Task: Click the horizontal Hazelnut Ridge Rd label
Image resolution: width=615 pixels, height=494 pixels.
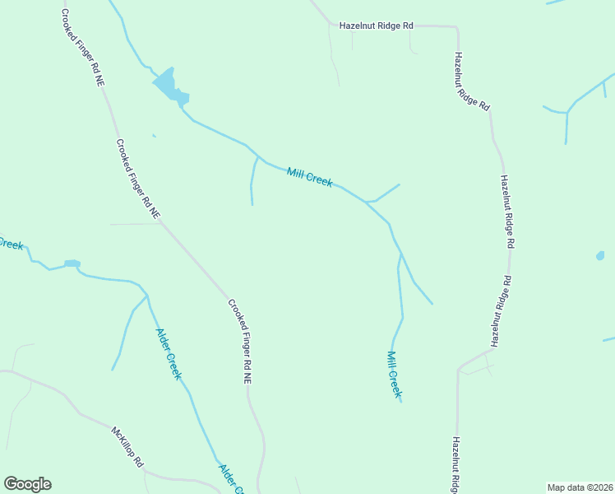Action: (x=376, y=26)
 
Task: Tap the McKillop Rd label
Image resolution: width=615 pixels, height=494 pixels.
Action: (x=128, y=447)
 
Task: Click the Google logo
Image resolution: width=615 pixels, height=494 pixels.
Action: (x=27, y=484)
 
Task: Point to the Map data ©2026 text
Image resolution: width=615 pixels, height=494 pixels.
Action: (x=580, y=487)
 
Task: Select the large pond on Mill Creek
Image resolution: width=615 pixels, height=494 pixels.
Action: (x=167, y=85)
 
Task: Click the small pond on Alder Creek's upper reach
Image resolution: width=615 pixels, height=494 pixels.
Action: (x=72, y=263)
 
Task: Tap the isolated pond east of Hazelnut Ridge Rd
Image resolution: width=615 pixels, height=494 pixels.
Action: (x=600, y=256)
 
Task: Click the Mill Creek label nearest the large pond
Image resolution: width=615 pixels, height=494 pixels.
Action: (x=310, y=177)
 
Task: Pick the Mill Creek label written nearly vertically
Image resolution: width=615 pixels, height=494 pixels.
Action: (x=393, y=375)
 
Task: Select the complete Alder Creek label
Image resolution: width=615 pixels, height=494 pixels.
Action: (x=168, y=354)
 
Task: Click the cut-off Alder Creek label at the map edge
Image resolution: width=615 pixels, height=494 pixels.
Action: (x=231, y=479)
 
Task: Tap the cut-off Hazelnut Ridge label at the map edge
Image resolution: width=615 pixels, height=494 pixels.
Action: (x=455, y=465)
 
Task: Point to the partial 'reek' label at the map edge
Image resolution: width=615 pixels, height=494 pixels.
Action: (x=12, y=244)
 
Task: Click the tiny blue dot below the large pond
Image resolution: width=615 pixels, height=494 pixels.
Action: (x=154, y=135)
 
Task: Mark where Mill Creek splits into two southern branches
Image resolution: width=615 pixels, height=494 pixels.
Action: (x=400, y=254)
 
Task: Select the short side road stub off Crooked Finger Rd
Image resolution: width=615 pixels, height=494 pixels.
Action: (x=136, y=223)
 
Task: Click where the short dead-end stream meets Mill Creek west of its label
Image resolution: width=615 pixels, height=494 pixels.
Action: (x=257, y=156)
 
